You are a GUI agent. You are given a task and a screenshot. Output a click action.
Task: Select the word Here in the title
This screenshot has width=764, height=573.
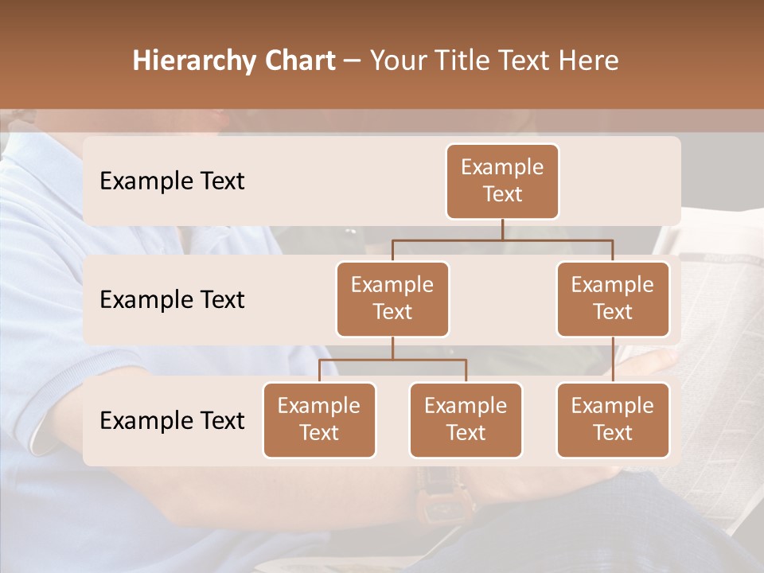pos(589,61)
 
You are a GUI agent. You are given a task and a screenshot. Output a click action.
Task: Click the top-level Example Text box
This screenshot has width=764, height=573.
pos(502,181)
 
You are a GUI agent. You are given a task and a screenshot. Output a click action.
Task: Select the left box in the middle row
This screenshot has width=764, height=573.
pos(392,298)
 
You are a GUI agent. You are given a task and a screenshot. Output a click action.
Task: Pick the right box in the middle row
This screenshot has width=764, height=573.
pos(613,298)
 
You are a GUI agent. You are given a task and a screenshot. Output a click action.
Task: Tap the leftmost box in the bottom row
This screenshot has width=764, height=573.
pos(319,419)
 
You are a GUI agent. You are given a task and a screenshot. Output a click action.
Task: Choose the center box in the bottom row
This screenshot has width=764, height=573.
pos(466,419)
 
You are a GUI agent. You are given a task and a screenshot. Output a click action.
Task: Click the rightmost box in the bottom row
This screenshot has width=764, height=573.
pos(613,419)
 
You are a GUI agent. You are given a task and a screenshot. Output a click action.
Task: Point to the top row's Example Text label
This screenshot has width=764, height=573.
pos(172,181)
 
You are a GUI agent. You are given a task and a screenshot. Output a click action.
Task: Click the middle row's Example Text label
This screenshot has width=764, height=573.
pos(172,300)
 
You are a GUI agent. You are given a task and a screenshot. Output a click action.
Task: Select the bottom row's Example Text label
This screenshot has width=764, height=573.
pos(172,420)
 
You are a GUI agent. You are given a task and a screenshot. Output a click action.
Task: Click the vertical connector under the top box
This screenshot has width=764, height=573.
pos(502,229)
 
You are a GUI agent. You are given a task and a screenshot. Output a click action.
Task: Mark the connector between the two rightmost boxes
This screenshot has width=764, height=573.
pos(613,360)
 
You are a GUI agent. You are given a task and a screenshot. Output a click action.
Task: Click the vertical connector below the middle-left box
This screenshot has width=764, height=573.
pos(392,348)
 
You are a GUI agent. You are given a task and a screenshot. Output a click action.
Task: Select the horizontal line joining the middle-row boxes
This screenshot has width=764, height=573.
pos(502,240)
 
